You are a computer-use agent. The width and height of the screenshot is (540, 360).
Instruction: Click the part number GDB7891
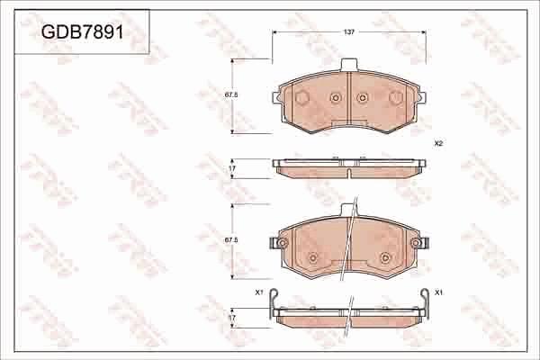pyautogui.click(x=82, y=33)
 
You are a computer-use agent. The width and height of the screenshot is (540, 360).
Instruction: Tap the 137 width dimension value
pyautogui.click(x=348, y=31)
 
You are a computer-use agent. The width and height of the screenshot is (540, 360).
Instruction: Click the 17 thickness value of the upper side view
pyautogui.click(x=230, y=168)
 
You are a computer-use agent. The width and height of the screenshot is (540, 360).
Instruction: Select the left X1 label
pyautogui.click(x=258, y=293)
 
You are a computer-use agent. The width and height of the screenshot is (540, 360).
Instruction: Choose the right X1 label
pyautogui.click(x=438, y=293)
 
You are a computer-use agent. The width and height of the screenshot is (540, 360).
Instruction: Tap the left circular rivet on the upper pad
pyautogui.click(x=335, y=98)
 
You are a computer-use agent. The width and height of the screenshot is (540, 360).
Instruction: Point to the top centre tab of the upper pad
pyautogui.click(x=348, y=65)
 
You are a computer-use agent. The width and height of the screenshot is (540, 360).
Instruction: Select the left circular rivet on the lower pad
pyautogui.click(x=312, y=258)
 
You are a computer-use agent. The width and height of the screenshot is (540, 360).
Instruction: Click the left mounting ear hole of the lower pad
pyautogui.click(x=276, y=241)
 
